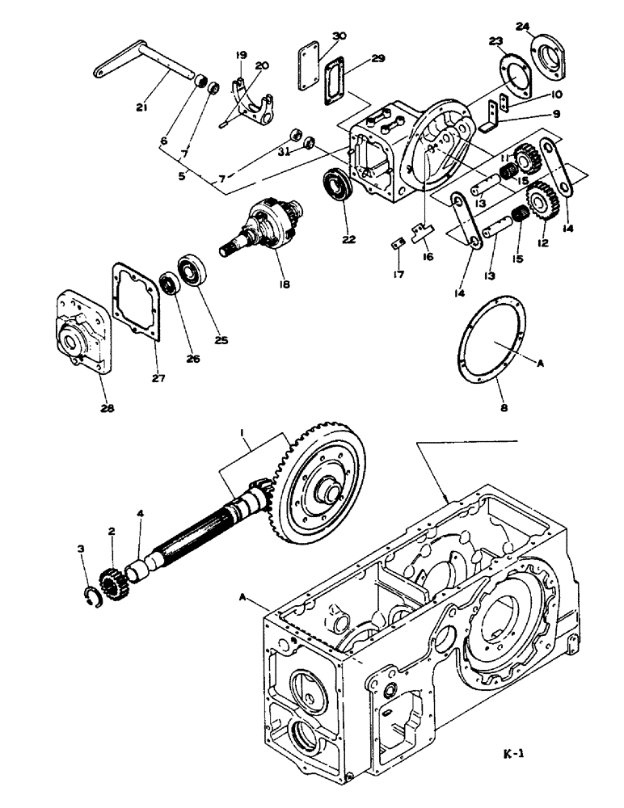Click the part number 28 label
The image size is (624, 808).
pyautogui.click(x=107, y=408)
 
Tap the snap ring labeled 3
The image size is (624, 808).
pyautogui.click(x=93, y=597)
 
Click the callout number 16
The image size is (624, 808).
pyautogui.click(x=427, y=257)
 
